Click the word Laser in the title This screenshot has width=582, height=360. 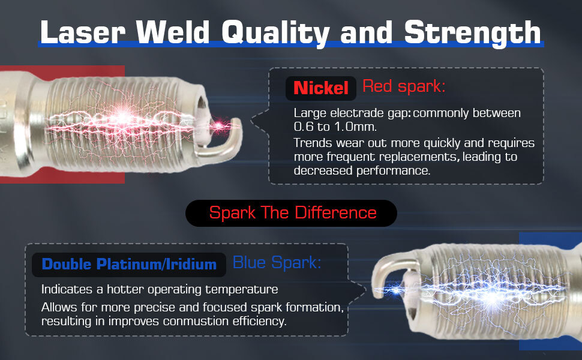83,32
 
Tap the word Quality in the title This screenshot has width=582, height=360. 275,34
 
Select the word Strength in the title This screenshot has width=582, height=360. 473,34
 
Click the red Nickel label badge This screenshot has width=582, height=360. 320,88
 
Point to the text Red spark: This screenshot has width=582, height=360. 403,86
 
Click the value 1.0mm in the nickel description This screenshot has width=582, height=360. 355,127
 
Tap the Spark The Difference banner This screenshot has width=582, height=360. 291,213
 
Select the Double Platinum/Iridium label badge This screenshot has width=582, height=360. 129,265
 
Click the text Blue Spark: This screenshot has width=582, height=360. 277,263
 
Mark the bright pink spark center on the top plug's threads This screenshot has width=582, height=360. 122,118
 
